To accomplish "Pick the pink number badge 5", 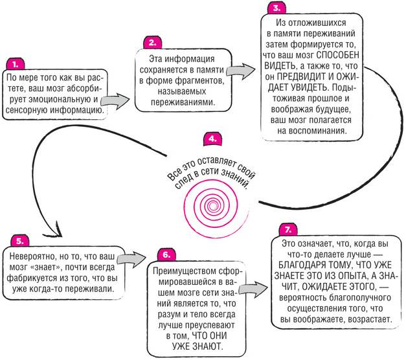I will coord(19,240).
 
